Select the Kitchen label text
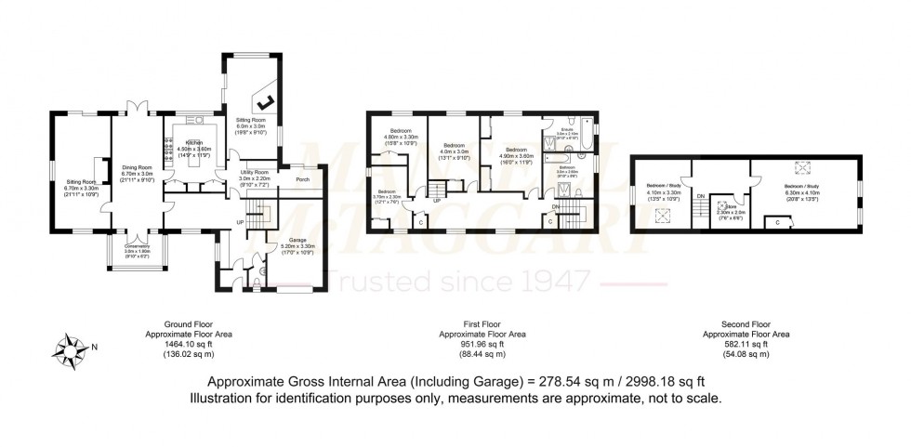tap(194, 143)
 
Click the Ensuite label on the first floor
tap(567, 129)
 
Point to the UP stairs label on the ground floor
tap(241, 222)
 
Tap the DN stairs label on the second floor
tap(701, 196)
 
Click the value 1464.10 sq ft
tap(189, 344)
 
